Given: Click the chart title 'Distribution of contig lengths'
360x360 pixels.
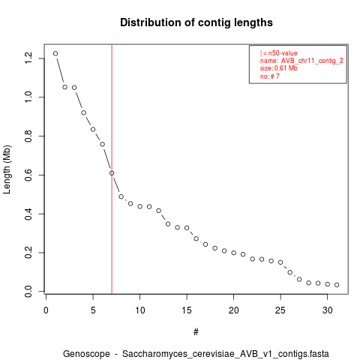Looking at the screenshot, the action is click(x=196, y=22).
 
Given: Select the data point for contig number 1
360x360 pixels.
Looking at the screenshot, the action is click(x=55, y=53).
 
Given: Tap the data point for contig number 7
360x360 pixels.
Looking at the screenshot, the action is click(x=112, y=173).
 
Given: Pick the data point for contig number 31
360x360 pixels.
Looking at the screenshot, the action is click(x=337, y=285).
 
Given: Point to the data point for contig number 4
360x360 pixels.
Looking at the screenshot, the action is click(x=83, y=112).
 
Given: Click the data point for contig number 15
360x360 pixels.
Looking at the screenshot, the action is click(x=187, y=228).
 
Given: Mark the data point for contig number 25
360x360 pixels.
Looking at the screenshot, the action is click(x=280, y=262).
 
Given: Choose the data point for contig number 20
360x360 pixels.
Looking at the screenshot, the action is click(x=234, y=253).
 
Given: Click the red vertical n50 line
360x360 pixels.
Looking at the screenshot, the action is click(x=112, y=169).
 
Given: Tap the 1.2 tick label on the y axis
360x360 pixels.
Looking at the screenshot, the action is click(x=28, y=58).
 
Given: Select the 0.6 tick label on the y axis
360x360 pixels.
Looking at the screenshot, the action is click(x=28, y=175).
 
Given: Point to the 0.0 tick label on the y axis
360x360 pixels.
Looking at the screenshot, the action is click(x=28, y=291).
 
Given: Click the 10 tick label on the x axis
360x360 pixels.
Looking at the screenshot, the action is click(x=140, y=310).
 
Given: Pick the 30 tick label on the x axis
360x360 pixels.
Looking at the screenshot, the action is click(x=328, y=310).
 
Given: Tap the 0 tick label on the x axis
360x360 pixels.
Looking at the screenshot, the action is click(x=46, y=310).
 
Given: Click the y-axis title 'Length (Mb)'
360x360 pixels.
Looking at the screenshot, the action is click(x=7, y=169).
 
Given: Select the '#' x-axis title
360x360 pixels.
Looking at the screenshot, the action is click(x=196, y=332).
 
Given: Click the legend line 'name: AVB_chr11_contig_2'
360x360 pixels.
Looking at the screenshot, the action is click(x=301, y=61).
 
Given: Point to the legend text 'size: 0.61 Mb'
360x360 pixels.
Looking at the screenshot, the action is click(x=279, y=68).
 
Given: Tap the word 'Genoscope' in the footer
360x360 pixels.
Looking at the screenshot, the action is click(x=86, y=354).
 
